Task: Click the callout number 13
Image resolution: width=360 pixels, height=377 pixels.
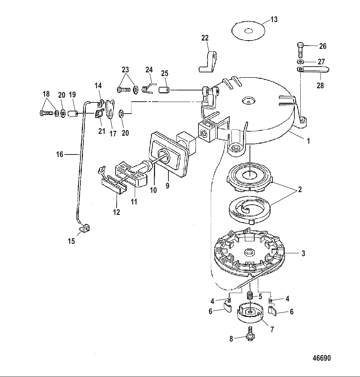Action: [274, 19]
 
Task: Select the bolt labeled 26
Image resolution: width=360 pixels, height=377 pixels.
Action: [300, 50]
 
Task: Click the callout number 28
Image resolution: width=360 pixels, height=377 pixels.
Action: [320, 86]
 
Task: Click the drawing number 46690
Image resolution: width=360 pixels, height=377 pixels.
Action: [322, 358]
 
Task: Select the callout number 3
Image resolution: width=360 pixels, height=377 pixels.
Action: [303, 254]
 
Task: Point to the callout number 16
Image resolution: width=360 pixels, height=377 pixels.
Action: [60, 154]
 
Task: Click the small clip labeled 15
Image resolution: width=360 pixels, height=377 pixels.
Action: [85, 229]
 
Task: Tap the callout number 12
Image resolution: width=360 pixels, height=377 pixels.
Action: [116, 212]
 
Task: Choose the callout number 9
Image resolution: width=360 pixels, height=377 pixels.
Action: [167, 186]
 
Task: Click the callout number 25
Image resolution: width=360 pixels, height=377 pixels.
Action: [165, 73]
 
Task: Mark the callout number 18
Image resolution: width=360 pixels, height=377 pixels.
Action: [46, 94]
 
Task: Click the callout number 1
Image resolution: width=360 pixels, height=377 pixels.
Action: [308, 141]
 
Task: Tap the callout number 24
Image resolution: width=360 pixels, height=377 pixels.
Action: [149, 69]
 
